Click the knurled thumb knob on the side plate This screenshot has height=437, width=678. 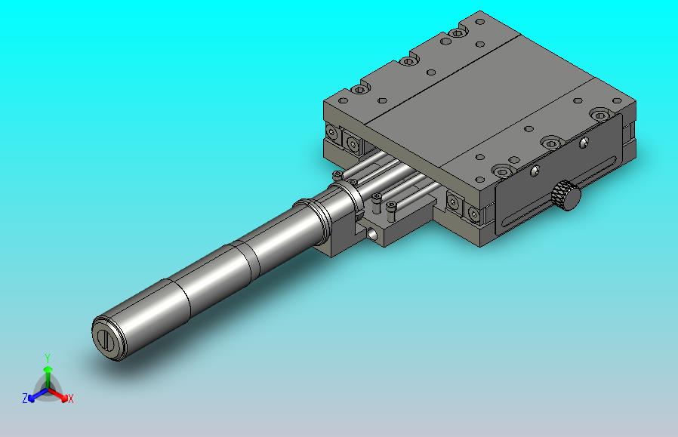click(x=566, y=195)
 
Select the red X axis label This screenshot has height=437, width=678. click(x=71, y=399)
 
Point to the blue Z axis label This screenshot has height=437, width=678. click(x=25, y=398)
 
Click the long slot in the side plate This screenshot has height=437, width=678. click(x=559, y=192)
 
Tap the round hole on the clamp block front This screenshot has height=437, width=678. click(x=372, y=234)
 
